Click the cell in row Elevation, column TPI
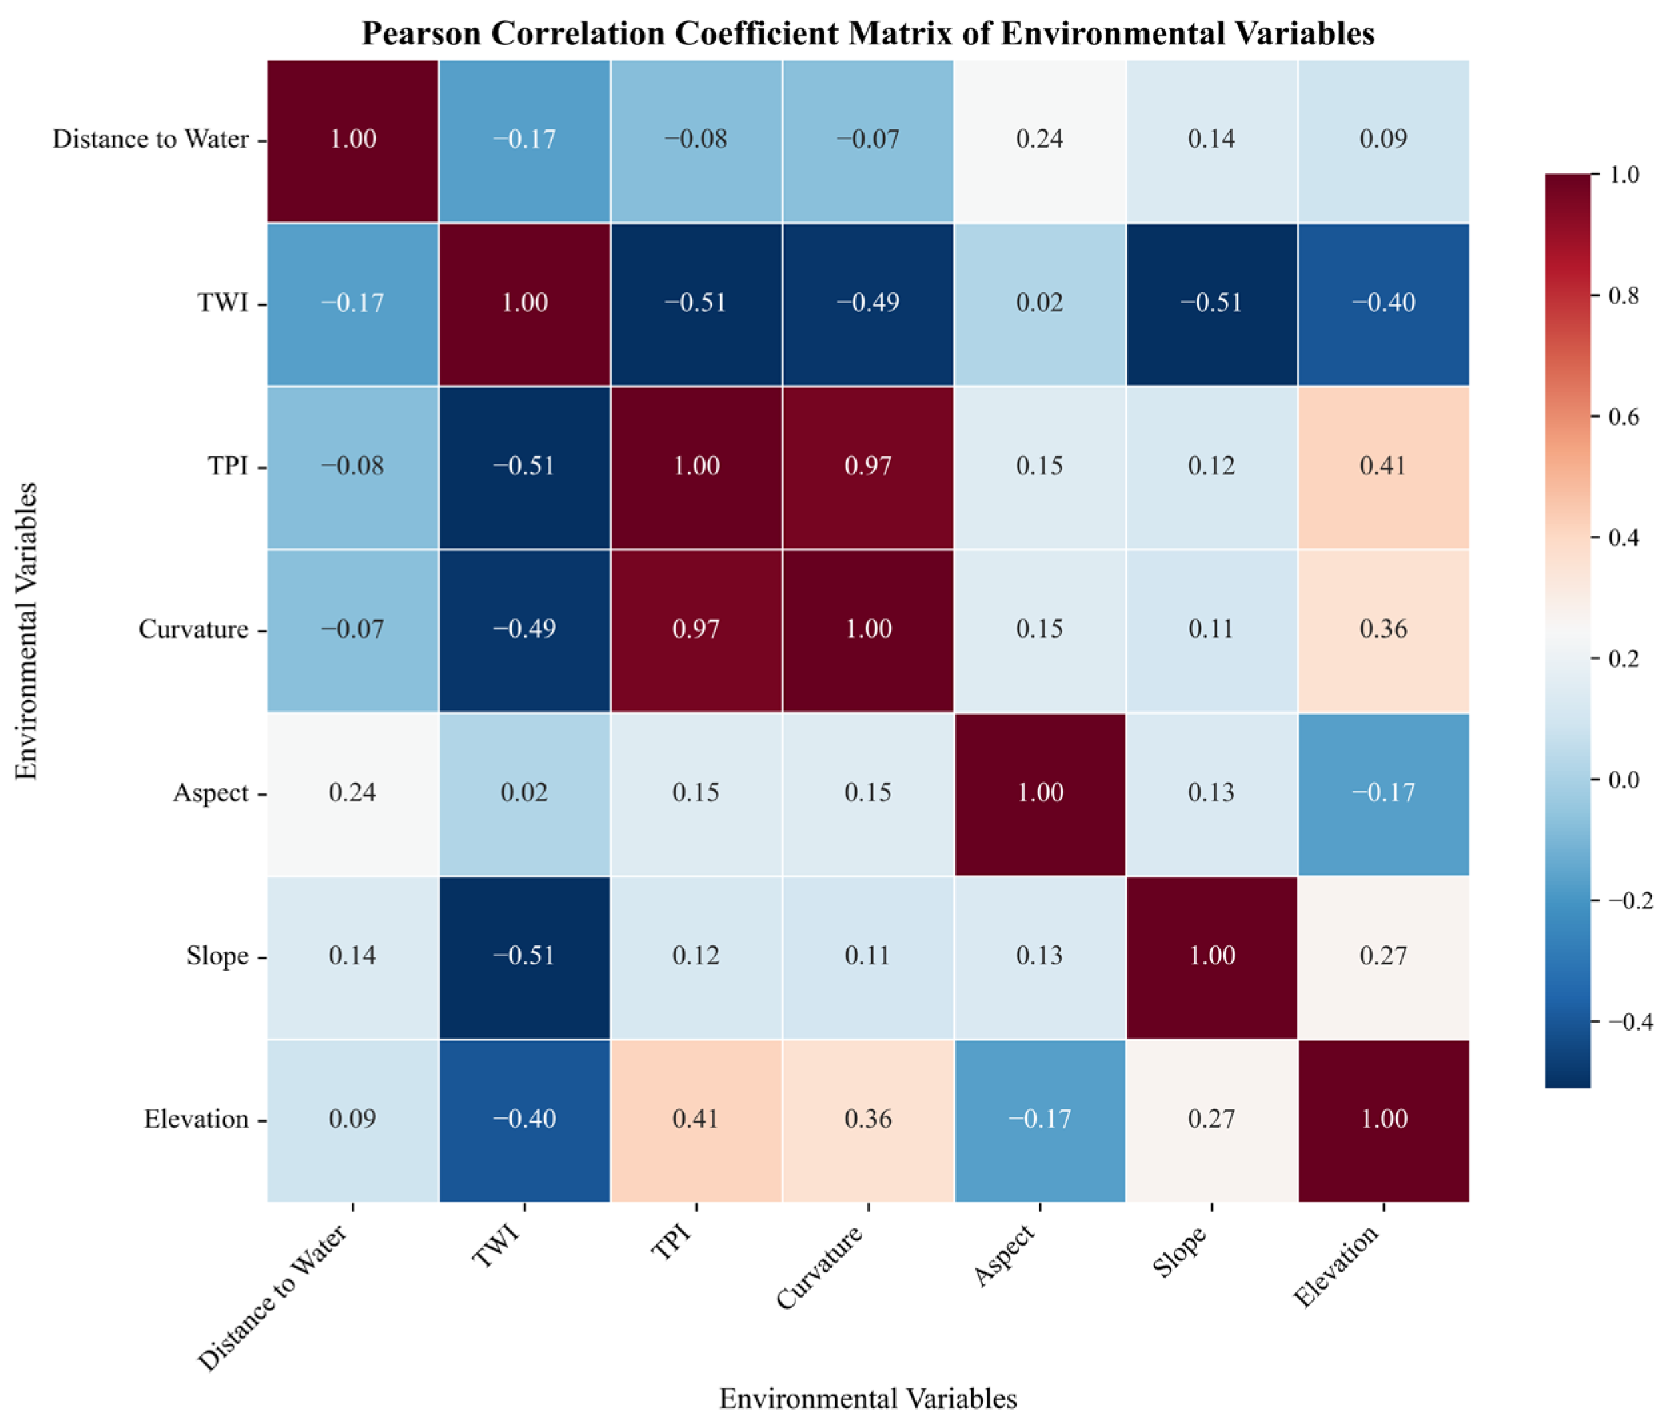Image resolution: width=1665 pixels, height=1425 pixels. [696, 1119]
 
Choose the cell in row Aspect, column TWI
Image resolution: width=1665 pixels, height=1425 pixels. [524, 793]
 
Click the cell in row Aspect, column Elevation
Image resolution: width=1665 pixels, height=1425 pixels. [1383, 793]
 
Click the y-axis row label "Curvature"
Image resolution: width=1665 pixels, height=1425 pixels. [193, 629]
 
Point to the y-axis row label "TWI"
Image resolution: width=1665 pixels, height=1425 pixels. [223, 303]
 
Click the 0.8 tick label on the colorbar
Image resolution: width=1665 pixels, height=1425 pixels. [1623, 296]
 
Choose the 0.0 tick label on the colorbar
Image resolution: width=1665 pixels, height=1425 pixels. [1623, 780]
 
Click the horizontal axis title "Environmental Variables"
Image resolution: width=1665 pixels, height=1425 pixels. [868, 1398]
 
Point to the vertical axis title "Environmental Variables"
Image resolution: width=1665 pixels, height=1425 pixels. [27, 631]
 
